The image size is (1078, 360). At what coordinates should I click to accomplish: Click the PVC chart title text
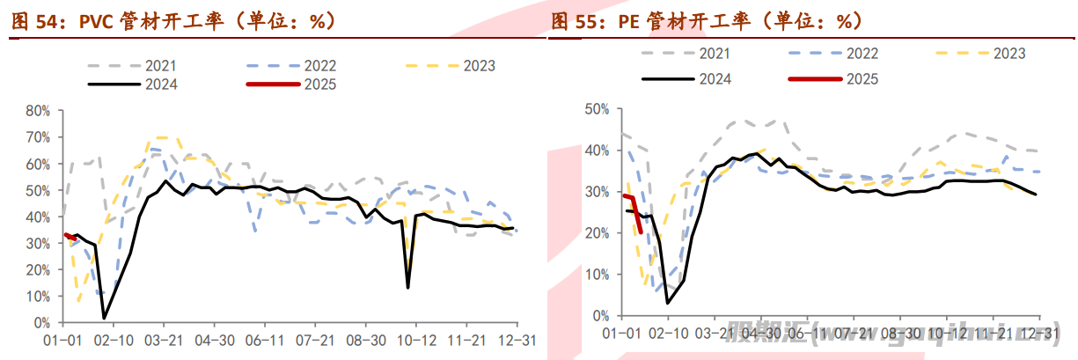click(172, 21)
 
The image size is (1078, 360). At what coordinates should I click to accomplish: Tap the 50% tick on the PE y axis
click(597, 109)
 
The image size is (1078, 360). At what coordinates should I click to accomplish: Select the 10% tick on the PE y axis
click(597, 275)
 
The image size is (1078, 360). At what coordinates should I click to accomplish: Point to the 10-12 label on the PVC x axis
click(414, 340)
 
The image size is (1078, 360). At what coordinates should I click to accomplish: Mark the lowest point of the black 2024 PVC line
click(105, 318)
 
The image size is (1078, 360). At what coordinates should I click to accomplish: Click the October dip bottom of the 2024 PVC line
click(407, 288)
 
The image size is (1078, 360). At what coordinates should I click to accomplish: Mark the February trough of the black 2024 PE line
click(668, 303)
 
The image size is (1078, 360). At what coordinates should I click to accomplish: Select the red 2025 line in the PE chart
click(634, 211)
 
